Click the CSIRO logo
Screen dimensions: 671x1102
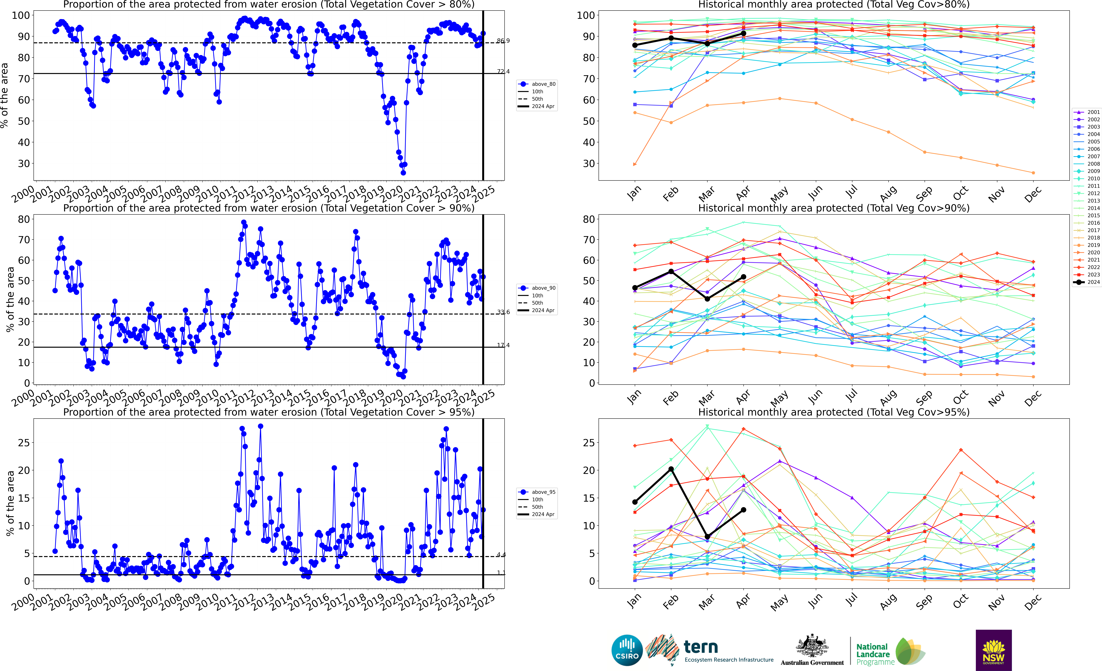click(x=627, y=650)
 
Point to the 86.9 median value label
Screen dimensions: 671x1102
click(x=503, y=41)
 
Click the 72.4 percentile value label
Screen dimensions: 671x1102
click(x=503, y=72)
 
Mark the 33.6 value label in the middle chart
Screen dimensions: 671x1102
click(x=503, y=312)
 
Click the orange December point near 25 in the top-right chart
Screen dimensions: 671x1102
click(x=1033, y=173)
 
